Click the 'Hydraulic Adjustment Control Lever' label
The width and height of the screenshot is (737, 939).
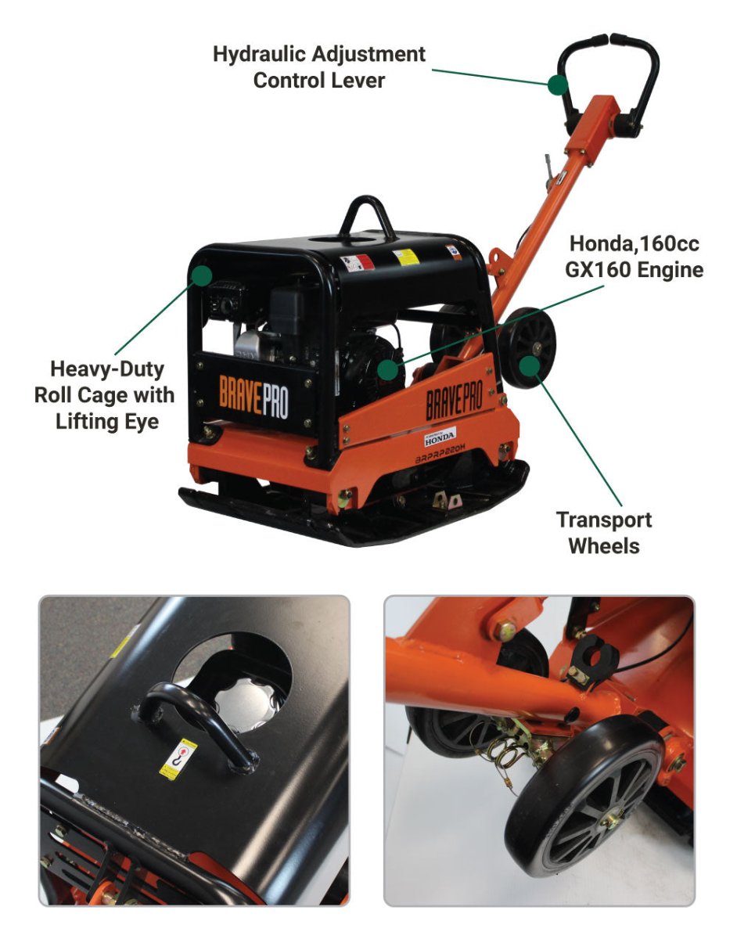pyautogui.click(x=319, y=67)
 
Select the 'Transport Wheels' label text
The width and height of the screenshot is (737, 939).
pyautogui.click(x=603, y=532)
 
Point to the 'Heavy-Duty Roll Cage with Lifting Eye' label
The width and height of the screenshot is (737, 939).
pyautogui.click(x=104, y=394)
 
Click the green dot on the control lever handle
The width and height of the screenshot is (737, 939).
pyautogui.click(x=557, y=84)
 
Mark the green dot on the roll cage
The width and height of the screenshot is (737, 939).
pyautogui.click(x=203, y=275)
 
